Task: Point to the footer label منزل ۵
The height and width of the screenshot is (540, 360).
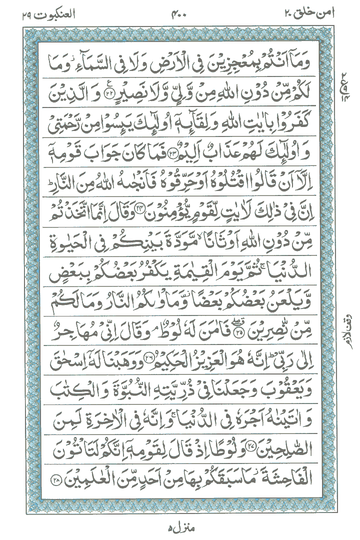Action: pos(179,525)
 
